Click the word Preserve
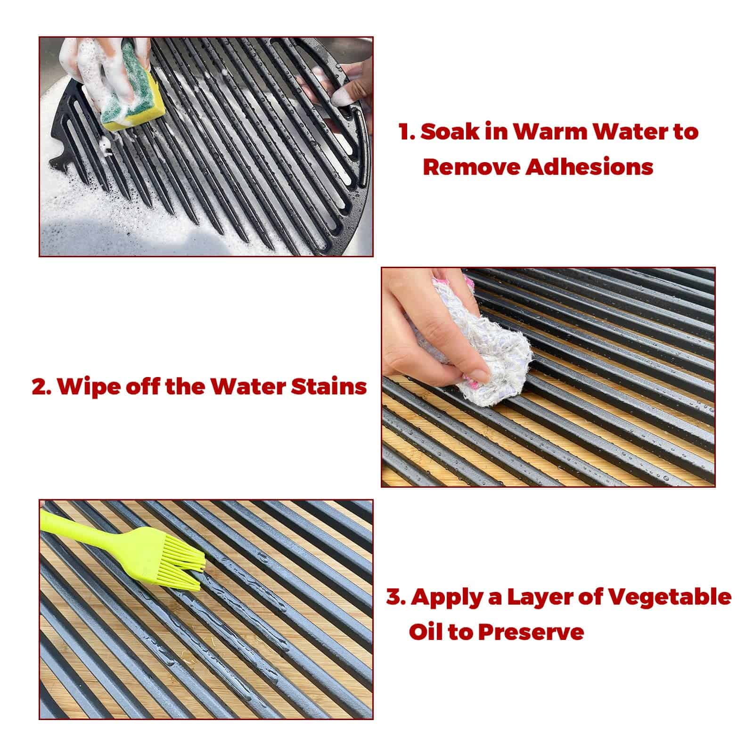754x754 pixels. pos(531,631)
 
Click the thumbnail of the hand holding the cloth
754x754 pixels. pos(548,377)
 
